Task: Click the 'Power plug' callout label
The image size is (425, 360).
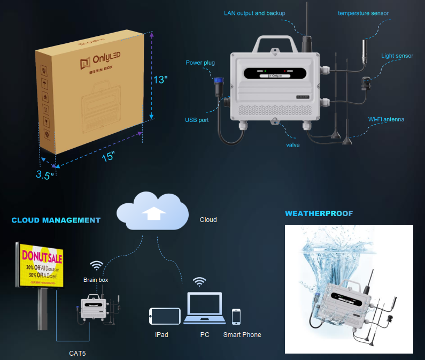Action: [200, 63]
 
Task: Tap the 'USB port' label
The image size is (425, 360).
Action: [197, 120]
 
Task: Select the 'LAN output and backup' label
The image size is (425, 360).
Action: [254, 13]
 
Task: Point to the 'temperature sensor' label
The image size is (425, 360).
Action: [363, 13]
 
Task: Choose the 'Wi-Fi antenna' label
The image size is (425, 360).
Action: [386, 119]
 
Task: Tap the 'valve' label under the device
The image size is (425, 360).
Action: [292, 145]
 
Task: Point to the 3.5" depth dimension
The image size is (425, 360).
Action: [45, 175]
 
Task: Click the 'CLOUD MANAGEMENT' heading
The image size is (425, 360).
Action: [56, 220]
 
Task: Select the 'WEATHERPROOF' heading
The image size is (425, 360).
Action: [319, 213]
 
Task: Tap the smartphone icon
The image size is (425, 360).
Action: [236, 316]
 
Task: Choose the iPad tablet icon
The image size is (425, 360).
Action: [165, 316]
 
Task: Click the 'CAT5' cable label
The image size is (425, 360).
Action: [77, 353]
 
